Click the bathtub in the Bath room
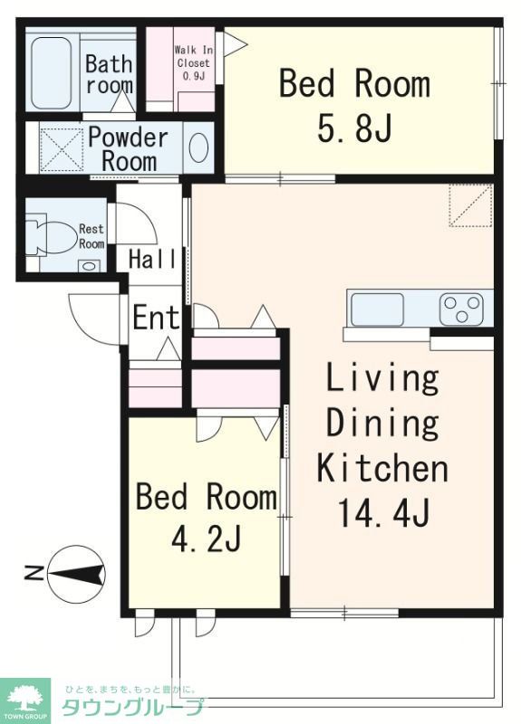tap(52, 73)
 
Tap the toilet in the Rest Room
tap(50, 237)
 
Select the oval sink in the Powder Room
tap(198, 148)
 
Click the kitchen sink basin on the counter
tap(377, 309)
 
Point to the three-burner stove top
tap(461, 309)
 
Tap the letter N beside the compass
tap(33, 574)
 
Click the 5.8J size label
tap(354, 128)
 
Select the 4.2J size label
tap(207, 538)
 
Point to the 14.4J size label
tap(384, 513)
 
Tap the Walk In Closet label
tap(194, 62)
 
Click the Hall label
tap(152, 259)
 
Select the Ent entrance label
tap(156, 318)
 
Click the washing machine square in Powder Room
tap(62, 149)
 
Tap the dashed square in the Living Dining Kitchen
tap(470, 205)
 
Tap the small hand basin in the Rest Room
tap(89, 266)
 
